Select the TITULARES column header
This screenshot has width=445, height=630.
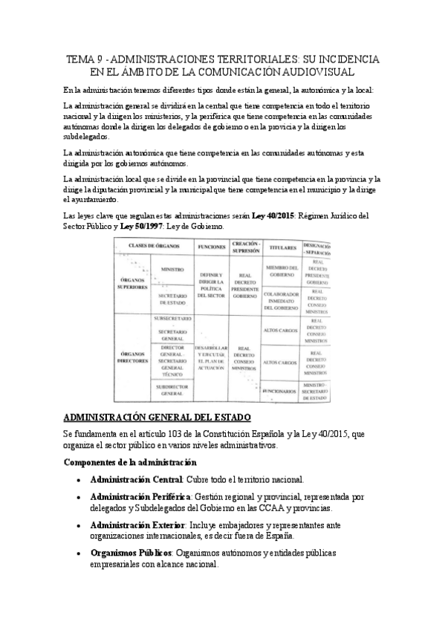[x=282, y=247]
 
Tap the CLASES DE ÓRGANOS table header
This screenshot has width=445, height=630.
[x=155, y=245]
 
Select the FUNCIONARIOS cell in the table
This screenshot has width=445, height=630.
[x=281, y=390]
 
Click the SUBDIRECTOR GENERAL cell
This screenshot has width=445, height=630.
[x=172, y=390]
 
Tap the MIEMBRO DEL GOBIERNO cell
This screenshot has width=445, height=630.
[x=282, y=271]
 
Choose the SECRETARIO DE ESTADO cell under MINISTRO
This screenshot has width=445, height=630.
[x=172, y=299]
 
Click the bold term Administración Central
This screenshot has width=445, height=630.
[x=136, y=480]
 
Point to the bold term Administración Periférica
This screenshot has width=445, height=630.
[x=139, y=497]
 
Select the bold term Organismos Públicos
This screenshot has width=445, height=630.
[x=130, y=553]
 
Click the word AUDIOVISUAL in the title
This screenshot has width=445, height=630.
[x=311, y=71]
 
